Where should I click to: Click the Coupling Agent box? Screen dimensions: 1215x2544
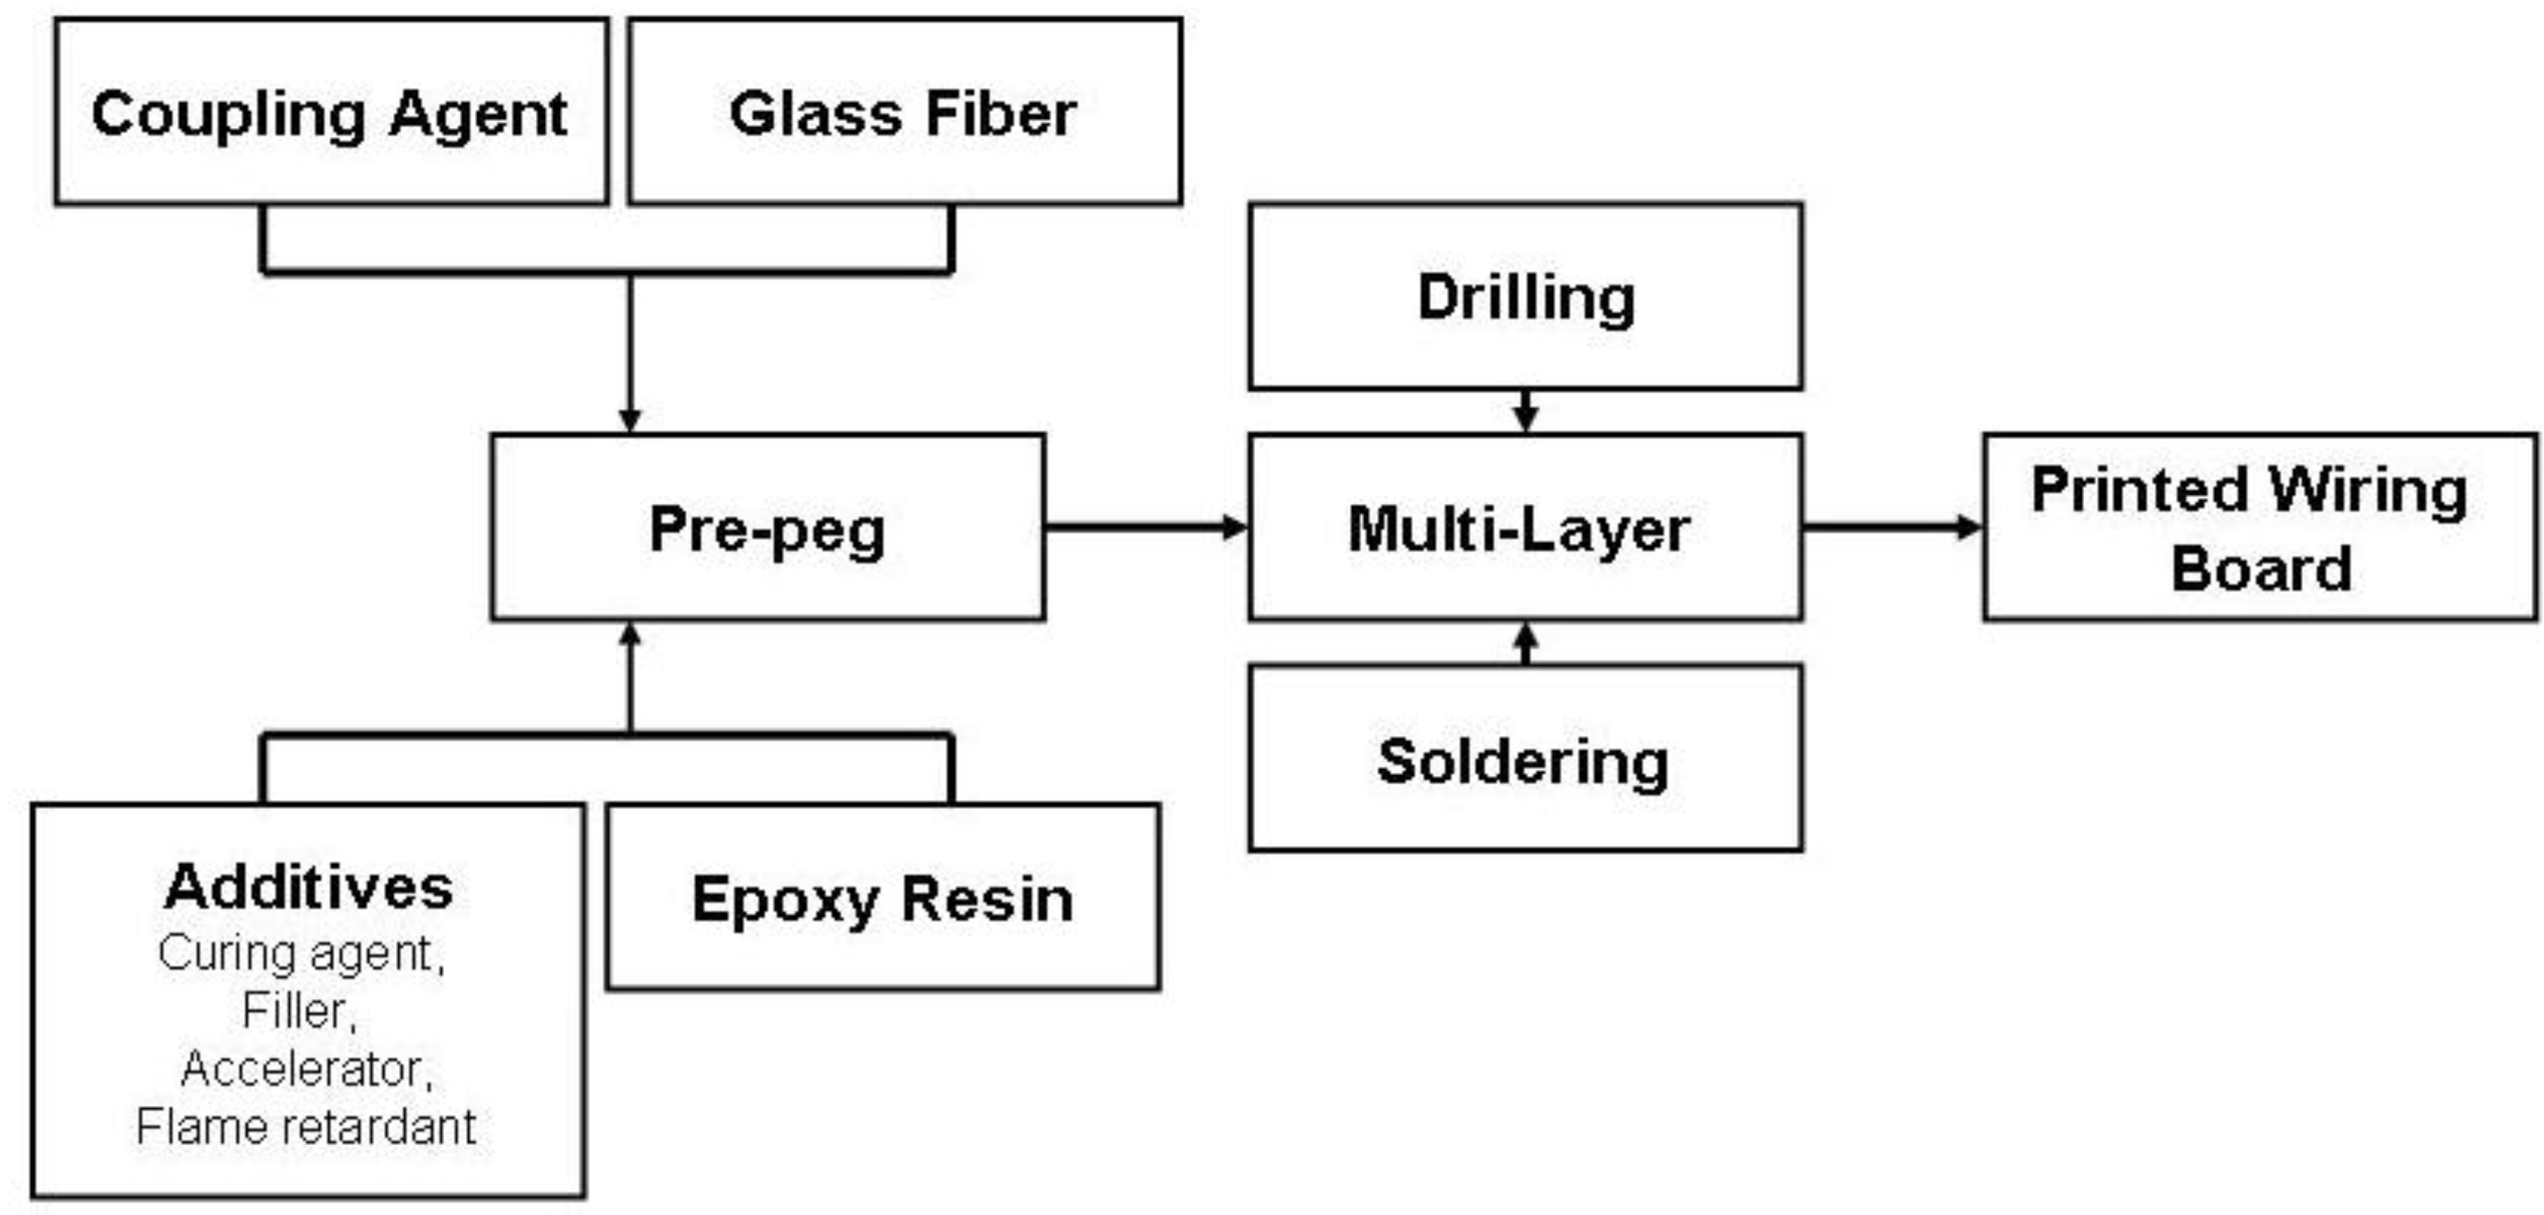click(x=331, y=111)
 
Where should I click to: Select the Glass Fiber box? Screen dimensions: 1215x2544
click(x=903, y=111)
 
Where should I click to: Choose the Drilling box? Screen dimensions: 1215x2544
click(x=1525, y=296)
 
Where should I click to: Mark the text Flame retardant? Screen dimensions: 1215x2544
click(x=306, y=1126)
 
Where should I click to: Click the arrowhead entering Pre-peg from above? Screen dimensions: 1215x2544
click(x=630, y=419)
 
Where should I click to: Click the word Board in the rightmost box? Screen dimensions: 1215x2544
click(x=2261, y=569)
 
